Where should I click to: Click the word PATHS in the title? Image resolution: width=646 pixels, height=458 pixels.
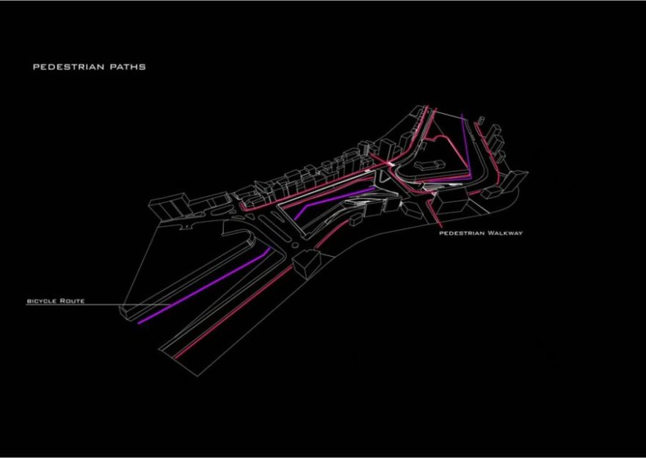[129, 67]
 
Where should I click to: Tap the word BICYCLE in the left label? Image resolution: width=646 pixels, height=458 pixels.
[43, 301]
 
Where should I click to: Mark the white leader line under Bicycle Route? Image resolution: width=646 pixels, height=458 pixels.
[73, 305]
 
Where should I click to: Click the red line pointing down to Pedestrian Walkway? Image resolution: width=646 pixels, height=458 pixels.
[436, 214]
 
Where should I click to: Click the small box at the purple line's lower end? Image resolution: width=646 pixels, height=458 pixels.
[128, 313]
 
